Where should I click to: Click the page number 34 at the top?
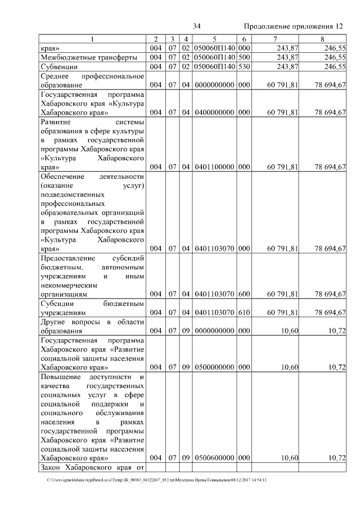click(197, 26)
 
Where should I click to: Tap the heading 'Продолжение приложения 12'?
click(293, 26)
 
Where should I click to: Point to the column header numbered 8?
click(322, 39)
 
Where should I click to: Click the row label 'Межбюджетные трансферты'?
click(89, 57)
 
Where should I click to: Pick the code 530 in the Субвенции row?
click(244, 67)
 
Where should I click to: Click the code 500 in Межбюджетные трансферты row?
click(244, 57)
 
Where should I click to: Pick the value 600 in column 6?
click(244, 294)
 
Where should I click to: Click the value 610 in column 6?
click(244, 313)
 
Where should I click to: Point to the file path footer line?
click(157, 480)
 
